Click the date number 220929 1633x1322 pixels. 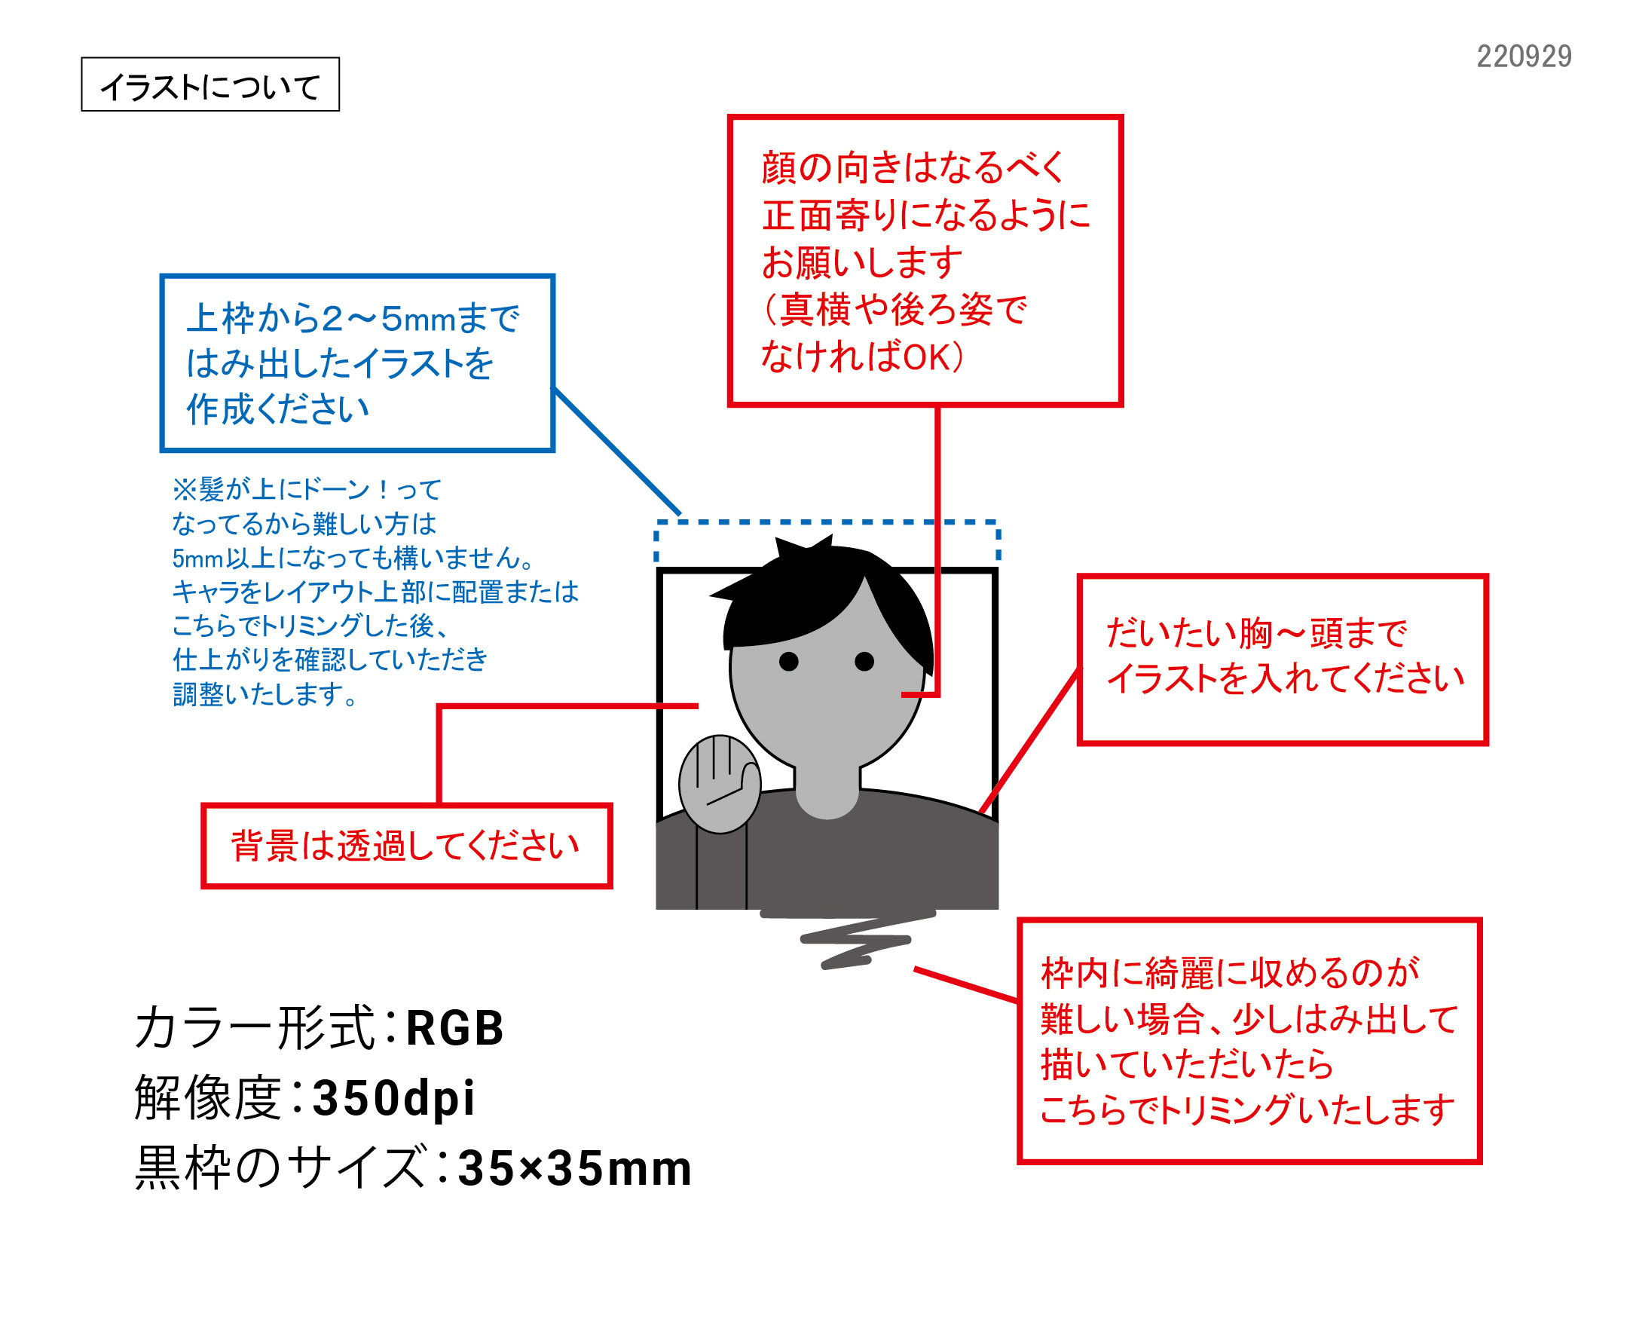1524,57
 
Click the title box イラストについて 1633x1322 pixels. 210,84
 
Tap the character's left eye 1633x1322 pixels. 789,661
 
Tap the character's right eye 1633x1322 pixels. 864,661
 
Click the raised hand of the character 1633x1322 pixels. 719,784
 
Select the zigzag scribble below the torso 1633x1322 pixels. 852,941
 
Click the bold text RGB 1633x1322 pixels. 454,1028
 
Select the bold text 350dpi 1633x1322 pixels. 393,1098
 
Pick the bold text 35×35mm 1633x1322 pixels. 575,1168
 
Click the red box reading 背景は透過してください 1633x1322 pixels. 406,846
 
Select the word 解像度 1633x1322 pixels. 207,1098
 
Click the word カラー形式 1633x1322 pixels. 255,1028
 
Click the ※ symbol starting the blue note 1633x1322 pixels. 184,490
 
